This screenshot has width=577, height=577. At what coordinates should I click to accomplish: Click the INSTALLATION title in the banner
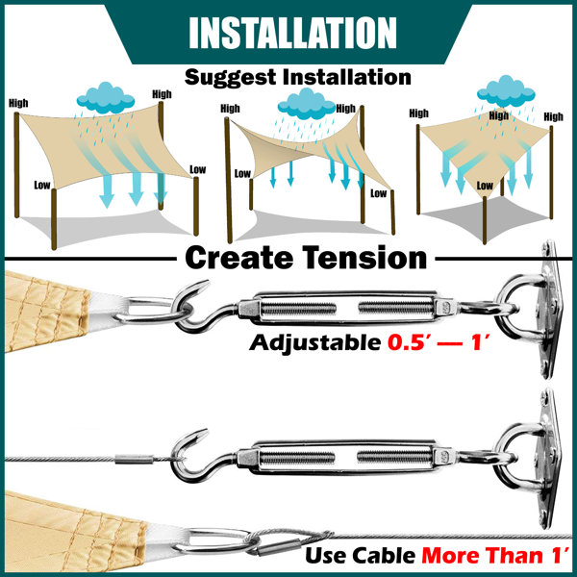click(x=292, y=33)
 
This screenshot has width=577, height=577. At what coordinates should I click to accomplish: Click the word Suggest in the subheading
click(x=231, y=78)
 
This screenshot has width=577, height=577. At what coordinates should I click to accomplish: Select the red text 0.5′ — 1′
click(x=439, y=342)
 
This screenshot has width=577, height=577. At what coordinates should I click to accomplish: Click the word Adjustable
click(x=315, y=342)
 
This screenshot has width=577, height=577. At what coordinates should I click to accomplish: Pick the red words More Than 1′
click(x=495, y=555)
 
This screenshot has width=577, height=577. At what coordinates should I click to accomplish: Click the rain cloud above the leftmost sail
click(x=106, y=97)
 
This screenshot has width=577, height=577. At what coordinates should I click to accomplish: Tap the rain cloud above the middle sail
click(x=307, y=104)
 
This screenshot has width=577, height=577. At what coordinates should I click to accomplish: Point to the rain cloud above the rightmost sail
click(x=506, y=91)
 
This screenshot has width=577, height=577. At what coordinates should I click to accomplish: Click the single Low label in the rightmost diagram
click(x=485, y=186)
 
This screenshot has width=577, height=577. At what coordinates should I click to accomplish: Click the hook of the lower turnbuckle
click(x=194, y=455)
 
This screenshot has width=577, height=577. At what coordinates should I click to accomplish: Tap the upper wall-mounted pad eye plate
click(x=550, y=309)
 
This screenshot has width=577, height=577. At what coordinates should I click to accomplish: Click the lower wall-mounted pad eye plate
click(x=550, y=459)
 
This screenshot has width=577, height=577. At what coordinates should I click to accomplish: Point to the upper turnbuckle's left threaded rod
click(x=298, y=309)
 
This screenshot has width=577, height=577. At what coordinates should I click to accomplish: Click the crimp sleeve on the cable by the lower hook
click(x=134, y=460)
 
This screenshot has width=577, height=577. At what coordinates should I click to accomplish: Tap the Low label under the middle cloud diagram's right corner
click(x=378, y=193)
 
